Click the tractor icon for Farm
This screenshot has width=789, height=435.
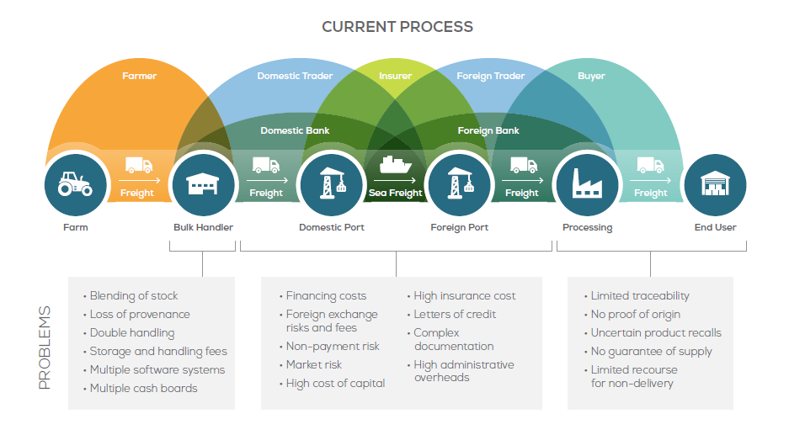pyautogui.click(x=76, y=184)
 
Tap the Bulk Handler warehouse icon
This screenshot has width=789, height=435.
pyautogui.click(x=203, y=184)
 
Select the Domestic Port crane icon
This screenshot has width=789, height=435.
pyautogui.click(x=331, y=184)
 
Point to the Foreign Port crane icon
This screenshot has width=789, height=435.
pyautogui.click(x=459, y=184)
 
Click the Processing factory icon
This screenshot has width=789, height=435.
pyautogui.click(x=586, y=184)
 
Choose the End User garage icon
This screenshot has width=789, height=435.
pyautogui.click(x=714, y=184)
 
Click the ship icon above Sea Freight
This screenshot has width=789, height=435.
pyautogui.click(x=395, y=163)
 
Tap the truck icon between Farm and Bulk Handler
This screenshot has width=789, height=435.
pyautogui.click(x=138, y=165)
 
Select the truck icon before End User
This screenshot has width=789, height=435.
pyautogui.click(x=650, y=165)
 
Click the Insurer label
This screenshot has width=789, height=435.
pyautogui.click(x=395, y=76)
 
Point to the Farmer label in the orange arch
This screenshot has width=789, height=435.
pyautogui.click(x=139, y=76)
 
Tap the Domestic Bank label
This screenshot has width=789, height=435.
pyautogui.click(x=295, y=130)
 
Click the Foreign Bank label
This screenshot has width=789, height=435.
pyautogui.click(x=488, y=130)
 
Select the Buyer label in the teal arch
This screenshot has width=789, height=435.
pyautogui.click(x=591, y=76)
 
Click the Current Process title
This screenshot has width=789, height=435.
pyautogui.click(x=397, y=27)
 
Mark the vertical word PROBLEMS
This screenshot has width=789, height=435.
pyautogui.click(x=45, y=347)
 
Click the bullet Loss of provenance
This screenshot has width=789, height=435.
pyautogui.click(x=140, y=314)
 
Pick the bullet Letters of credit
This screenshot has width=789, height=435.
pyautogui.click(x=455, y=314)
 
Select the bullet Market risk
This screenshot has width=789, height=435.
pyautogui.click(x=314, y=364)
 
